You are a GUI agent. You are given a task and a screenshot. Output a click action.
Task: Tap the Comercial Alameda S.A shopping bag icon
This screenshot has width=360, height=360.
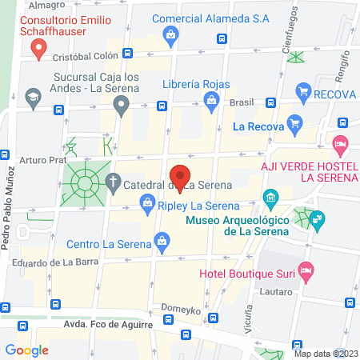pyautogui.click(x=170, y=34)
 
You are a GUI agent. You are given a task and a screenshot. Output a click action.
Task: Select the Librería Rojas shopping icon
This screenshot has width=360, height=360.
pyautogui.click(x=210, y=99)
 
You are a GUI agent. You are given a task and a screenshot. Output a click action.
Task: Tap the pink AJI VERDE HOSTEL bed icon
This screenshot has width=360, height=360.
pyautogui.click(x=339, y=146)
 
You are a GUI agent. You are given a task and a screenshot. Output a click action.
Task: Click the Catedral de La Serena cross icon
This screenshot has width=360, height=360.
pyautogui.click(x=114, y=184)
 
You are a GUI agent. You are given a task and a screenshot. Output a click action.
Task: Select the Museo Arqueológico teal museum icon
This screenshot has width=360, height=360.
pyautogui.click(x=270, y=197)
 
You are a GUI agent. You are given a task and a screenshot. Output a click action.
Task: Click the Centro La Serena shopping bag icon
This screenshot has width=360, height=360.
pyautogui.click(x=162, y=241)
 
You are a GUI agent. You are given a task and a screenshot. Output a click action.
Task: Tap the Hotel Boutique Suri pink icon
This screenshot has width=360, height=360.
pyautogui.click(x=304, y=270)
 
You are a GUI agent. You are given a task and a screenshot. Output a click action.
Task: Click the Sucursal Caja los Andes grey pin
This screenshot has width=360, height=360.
pyautogui.click(x=121, y=104)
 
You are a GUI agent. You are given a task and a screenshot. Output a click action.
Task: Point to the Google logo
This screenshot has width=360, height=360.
pyautogui.click(x=27, y=350)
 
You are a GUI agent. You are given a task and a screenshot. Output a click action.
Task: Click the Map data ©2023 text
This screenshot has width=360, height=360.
pyautogui.click(x=326, y=353)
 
